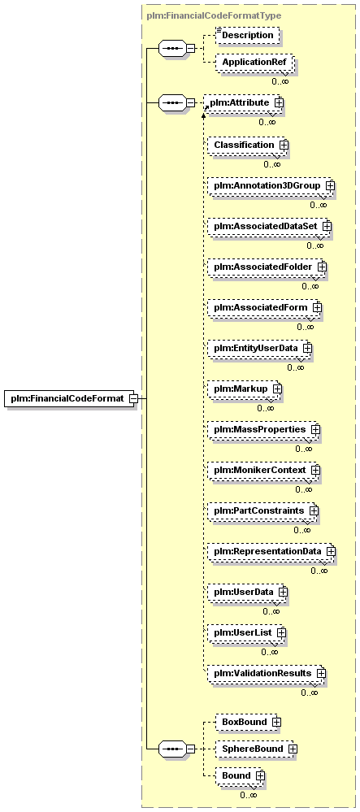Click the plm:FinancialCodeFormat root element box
(70, 398)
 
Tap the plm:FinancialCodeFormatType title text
(214, 15)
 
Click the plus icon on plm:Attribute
(279, 102)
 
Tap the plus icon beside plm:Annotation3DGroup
(329, 185)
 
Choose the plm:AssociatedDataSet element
(269, 226)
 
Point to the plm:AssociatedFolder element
(267, 267)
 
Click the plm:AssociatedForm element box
(264, 307)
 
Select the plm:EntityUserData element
(259, 348)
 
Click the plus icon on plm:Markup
(276, 388)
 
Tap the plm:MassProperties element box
(263, 429)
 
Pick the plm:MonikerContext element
(263, 470)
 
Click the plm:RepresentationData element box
(271, 551)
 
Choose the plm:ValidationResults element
(267, 673)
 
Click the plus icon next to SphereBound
(293, 749)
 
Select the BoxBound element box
(248, 722)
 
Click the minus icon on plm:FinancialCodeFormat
(132, 398)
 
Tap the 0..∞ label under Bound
(248, 795)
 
